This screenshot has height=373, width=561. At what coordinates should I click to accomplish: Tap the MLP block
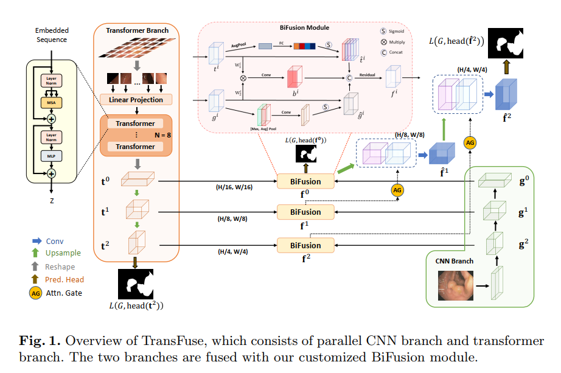click(x=51, y=156)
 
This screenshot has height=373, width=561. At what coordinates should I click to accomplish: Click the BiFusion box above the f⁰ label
click(x=305, y=181)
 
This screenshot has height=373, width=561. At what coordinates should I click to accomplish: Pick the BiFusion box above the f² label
click(x=305, y=245)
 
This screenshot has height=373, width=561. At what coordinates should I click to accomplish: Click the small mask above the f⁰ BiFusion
click(x=306, y=156)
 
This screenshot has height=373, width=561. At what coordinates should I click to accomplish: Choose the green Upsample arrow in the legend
click(x=33, y=253)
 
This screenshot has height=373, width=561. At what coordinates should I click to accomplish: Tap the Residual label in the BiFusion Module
click(x=366, y=75)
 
